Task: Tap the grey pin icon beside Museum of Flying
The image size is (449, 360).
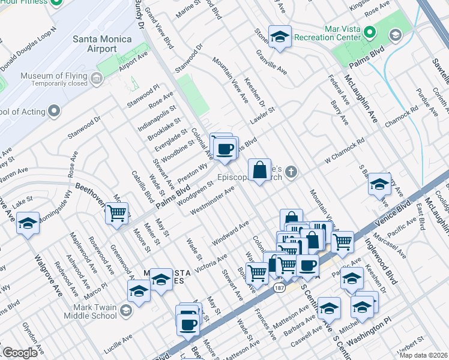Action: [x=96, y=77]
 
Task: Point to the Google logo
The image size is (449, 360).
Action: [x=20, y=353]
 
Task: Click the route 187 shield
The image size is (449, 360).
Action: [x=279, y=289]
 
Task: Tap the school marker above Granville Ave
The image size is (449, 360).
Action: [x=280, y=37]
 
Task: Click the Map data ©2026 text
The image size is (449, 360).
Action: [x=423, y=355]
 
